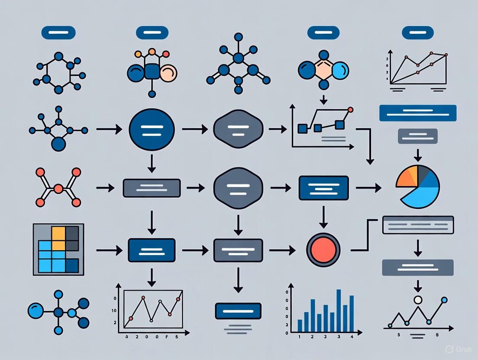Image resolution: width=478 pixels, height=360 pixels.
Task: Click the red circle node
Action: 323,250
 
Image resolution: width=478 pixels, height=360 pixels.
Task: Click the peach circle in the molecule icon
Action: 168,73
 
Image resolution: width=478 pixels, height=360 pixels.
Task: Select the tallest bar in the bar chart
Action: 339,310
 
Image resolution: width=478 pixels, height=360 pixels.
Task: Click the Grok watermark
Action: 459,349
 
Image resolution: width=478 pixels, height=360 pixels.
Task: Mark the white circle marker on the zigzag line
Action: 417,299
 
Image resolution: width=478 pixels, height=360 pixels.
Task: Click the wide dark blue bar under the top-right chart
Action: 417,113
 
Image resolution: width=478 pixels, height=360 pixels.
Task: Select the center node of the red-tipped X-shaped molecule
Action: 58,188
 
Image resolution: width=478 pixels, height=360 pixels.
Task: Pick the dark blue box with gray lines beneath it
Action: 238,311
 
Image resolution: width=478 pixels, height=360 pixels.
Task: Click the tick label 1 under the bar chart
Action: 299,336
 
